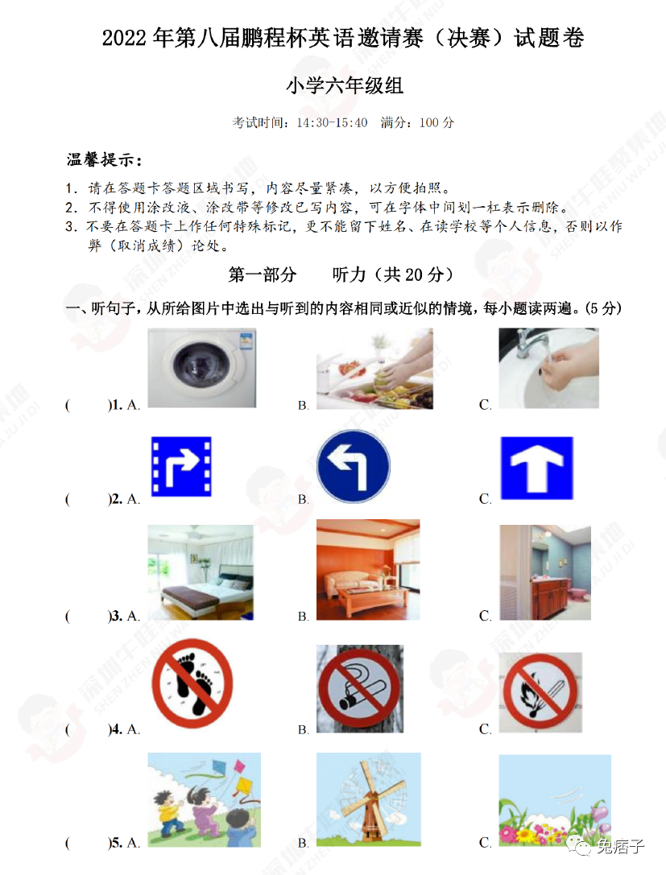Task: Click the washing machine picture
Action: [201, 368]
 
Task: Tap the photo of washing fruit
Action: [374, 369]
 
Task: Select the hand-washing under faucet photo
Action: [548, 368]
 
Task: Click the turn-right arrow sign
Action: [181, 467]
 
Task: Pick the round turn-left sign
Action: [354, 467]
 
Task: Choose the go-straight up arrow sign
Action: [536, 468]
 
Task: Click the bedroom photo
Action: [201, 572]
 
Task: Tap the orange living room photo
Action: [368, 570]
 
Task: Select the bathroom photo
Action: [545, 572]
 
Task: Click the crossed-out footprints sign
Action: [192, 683]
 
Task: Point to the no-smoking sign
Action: [360, 688]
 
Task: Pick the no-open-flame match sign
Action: [540, 692]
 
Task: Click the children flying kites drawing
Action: [204, 799]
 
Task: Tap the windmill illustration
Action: [369, 799]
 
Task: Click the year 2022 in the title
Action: [124, 39]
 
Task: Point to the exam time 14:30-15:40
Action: [332, 123]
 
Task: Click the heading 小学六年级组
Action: [345, 85]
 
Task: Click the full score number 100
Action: [428, 123]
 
